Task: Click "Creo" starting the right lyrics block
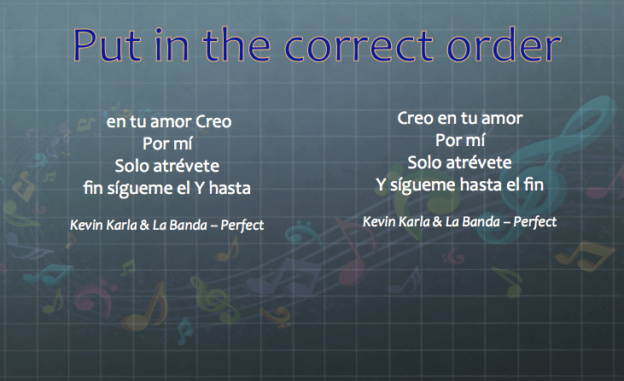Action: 416,118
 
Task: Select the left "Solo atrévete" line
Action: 168,165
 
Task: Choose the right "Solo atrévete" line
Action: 459,161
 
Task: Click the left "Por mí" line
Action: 168,144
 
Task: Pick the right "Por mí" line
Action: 459,140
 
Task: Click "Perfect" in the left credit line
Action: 241,226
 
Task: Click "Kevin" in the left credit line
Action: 86,226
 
